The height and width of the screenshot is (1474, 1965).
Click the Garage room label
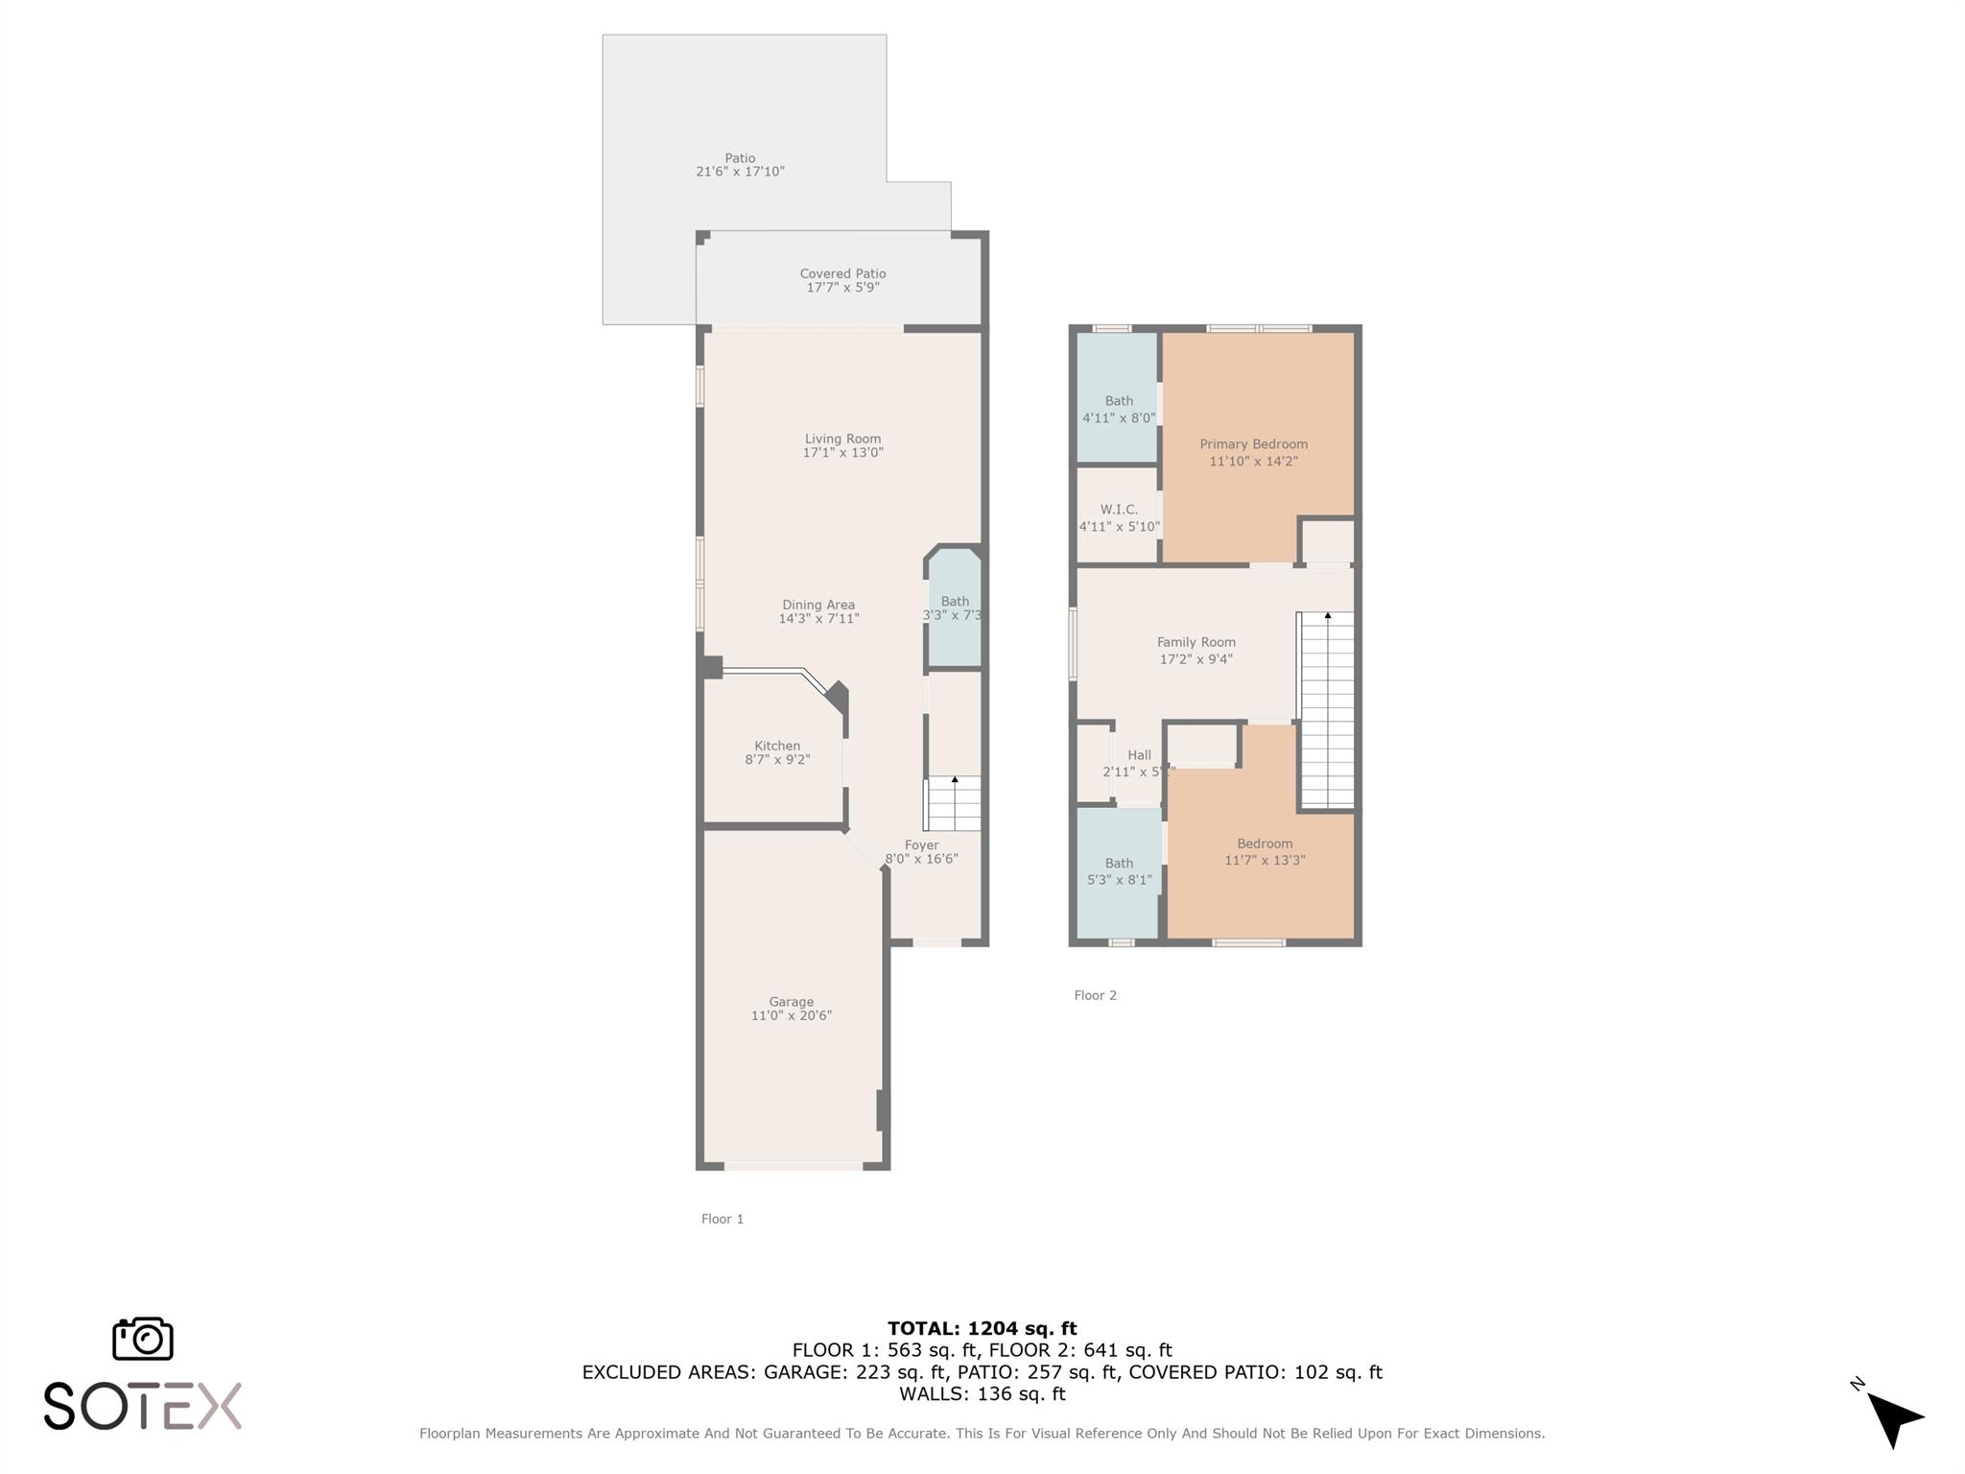click(x=791, y=1002)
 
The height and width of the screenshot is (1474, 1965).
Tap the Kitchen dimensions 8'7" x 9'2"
click(x=777, y=759)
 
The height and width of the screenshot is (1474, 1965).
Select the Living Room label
click(x=842, y=439)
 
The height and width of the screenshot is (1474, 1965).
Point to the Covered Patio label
click(x=842, y=273)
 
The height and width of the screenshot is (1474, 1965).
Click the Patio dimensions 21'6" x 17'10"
click(x=740, y=172)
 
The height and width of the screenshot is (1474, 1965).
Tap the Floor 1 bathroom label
click(x=955, y=602)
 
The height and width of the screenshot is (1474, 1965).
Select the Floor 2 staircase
click(x=1327, y=710)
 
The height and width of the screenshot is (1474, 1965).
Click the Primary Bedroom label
click(x=1253, y=444)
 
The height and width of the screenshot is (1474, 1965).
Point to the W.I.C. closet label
click(x=1119, y=510)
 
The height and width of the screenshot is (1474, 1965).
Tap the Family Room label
click(x=1196, y=642)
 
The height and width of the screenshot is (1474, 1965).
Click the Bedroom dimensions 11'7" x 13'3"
click(x=1265, y=860)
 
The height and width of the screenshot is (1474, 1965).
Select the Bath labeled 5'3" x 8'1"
click(x=1119, y=870)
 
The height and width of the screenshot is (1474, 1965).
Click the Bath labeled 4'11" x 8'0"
click(x=1119, y=409)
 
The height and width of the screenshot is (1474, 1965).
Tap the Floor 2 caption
click(x=1095, y=995)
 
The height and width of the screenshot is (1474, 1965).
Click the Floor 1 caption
click(x=722, y=1219)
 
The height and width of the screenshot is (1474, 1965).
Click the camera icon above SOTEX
click(x=143, y=1339)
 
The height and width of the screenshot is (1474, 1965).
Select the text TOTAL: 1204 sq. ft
click(x=982, y=1328)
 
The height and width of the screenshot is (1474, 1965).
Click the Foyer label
click(x=921, y=845)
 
